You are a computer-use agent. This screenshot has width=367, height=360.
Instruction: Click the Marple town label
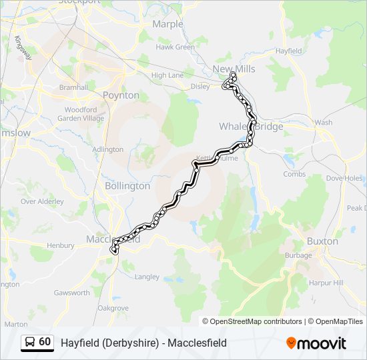[167, 24]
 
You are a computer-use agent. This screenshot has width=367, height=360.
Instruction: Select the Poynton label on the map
[121, 95]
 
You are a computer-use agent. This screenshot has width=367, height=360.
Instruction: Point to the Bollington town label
[127, 186]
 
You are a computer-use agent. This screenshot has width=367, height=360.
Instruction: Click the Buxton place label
[322, 241]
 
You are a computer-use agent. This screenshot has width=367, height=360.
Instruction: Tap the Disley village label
[200, 86]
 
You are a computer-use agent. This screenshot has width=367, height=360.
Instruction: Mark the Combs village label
[294, 174]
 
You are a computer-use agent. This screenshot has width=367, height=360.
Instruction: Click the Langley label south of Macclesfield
[147, 277]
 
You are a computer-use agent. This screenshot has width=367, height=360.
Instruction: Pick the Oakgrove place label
[113, 308]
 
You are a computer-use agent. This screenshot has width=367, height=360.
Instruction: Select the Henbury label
[61, 245]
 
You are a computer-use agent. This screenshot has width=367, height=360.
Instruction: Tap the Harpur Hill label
[327, 283]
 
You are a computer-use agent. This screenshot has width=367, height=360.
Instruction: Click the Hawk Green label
[175, 47]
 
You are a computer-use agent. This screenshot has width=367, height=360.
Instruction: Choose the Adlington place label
[107, 149]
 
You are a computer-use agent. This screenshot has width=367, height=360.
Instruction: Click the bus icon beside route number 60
[30, 342]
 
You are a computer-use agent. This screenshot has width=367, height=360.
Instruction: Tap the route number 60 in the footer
[45, 342]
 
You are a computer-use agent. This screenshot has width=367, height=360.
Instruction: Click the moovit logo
[316, 343]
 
